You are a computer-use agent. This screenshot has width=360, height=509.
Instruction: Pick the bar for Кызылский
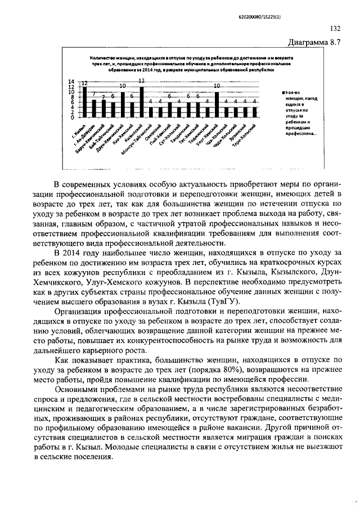(x=142, y=102)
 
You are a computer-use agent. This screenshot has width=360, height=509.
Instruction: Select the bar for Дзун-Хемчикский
(x=123, y=105)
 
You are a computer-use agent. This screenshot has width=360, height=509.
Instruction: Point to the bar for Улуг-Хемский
(x=217, y=105)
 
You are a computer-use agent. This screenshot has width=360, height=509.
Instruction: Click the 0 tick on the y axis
(x=72, y=118)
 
